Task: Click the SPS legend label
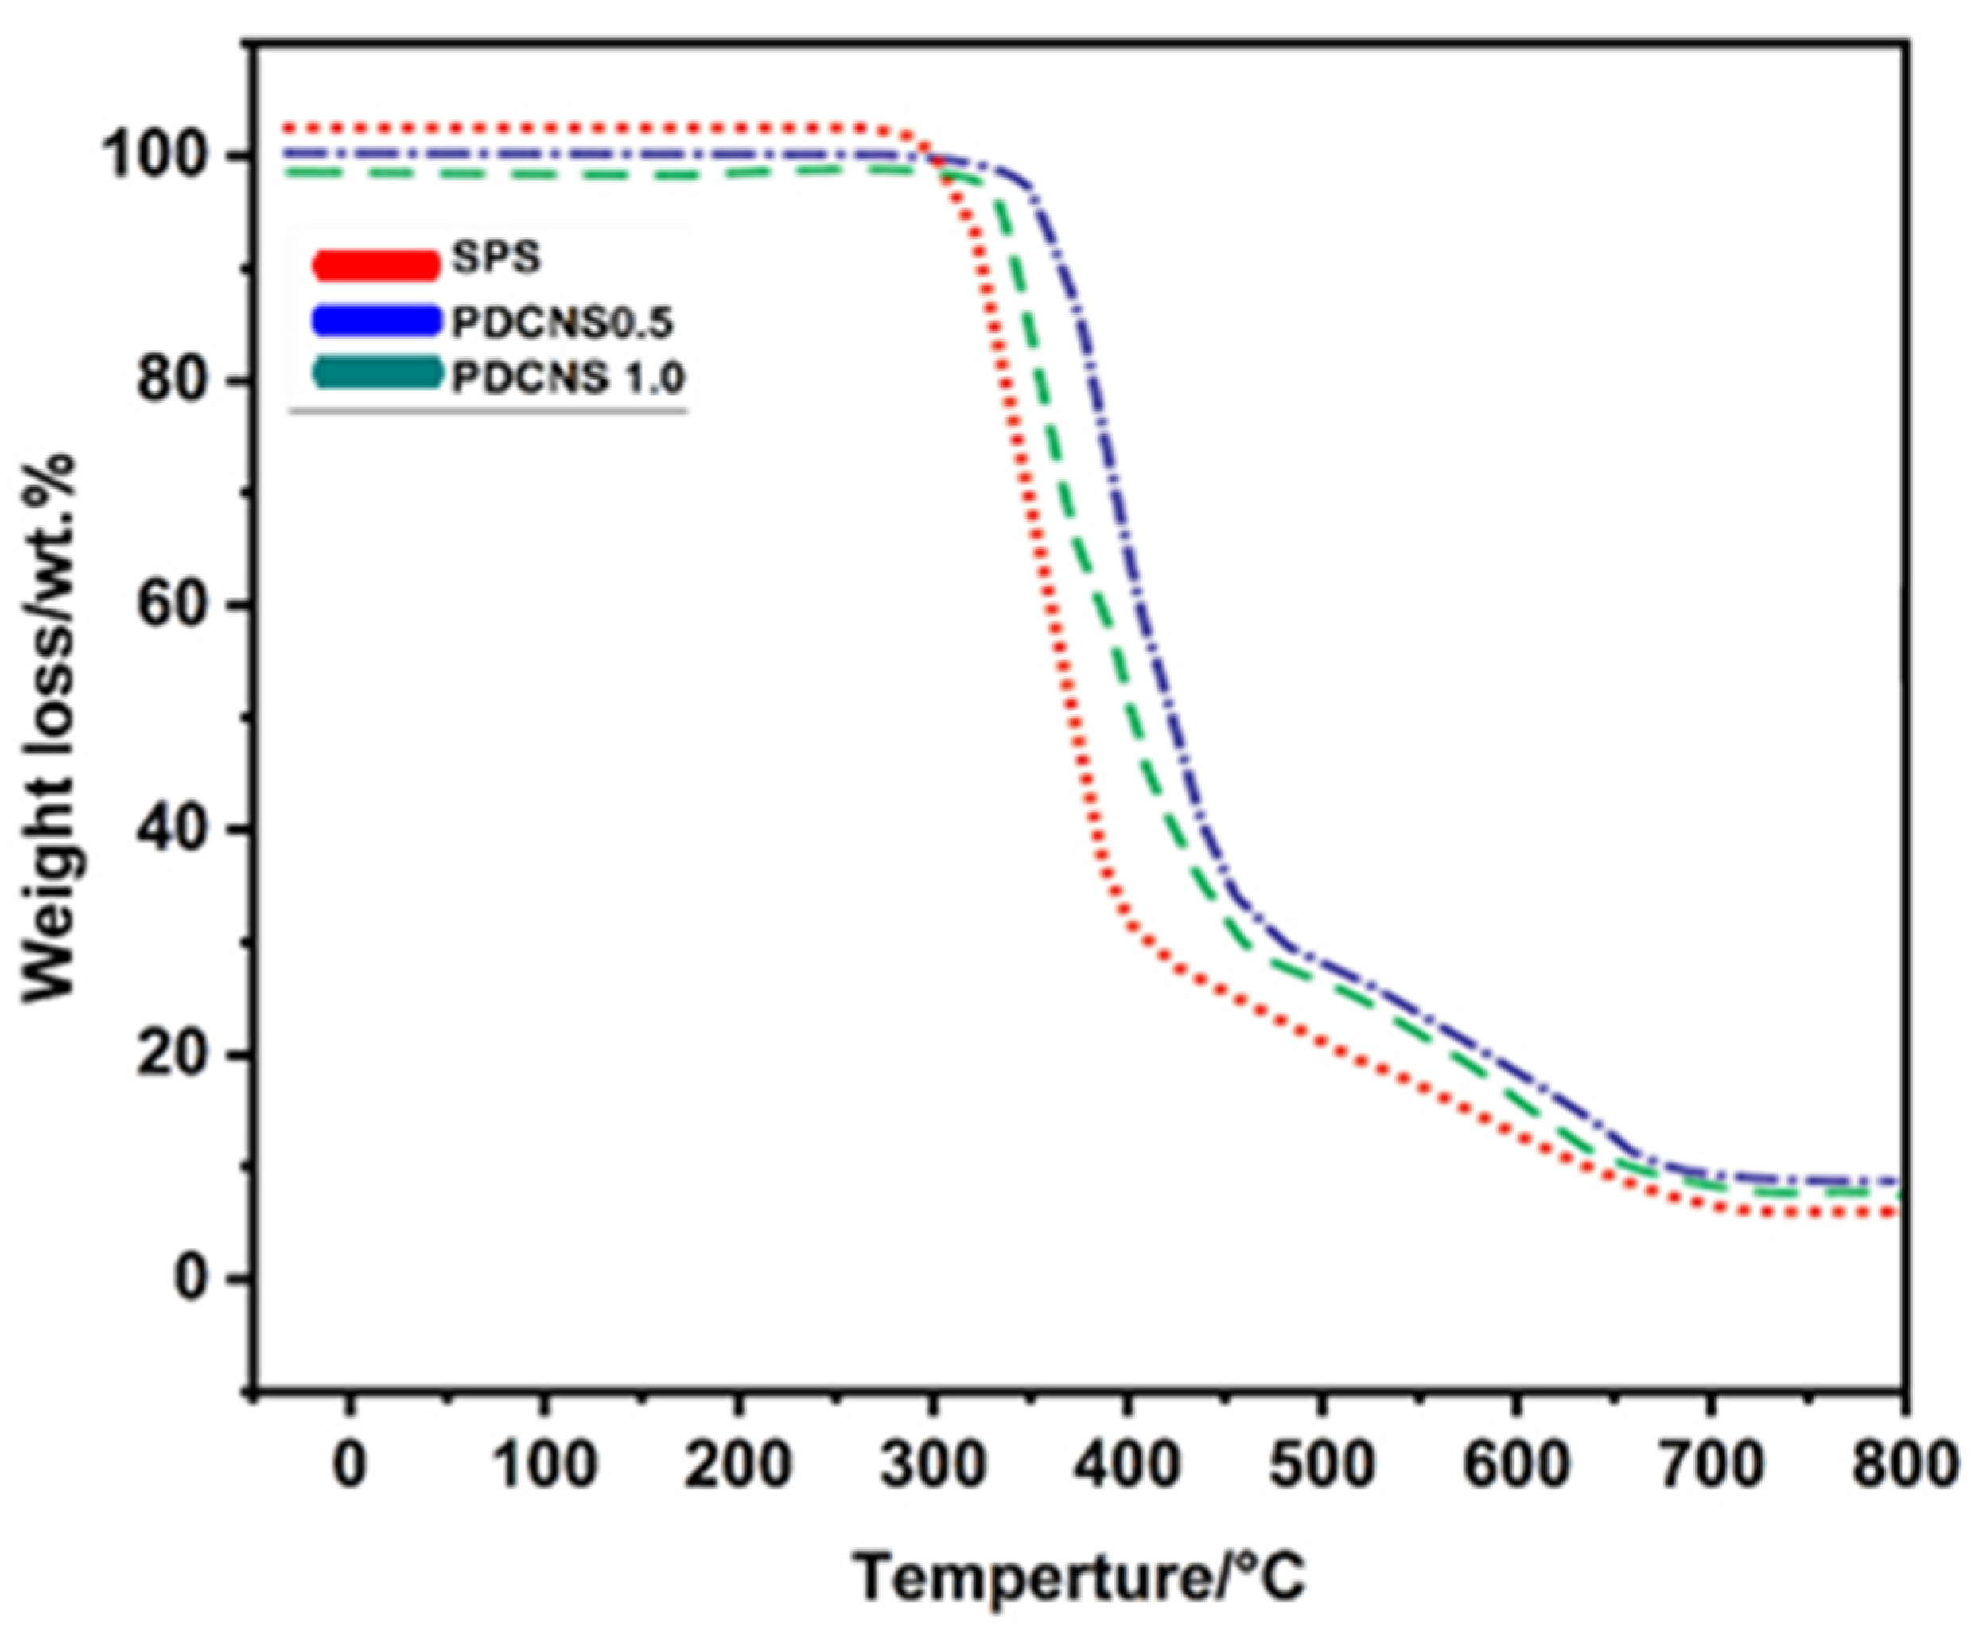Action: [x=496, y=257]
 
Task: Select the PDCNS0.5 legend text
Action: [x=562, y=323]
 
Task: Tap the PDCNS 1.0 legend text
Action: [x=568, y=378]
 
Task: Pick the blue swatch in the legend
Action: [x=375, y=320]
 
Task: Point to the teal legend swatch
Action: [x=375, y=373]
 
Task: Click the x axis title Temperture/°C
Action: [x=1080, y=1578]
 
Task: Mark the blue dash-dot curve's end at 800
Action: [x=1898, y=1181]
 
